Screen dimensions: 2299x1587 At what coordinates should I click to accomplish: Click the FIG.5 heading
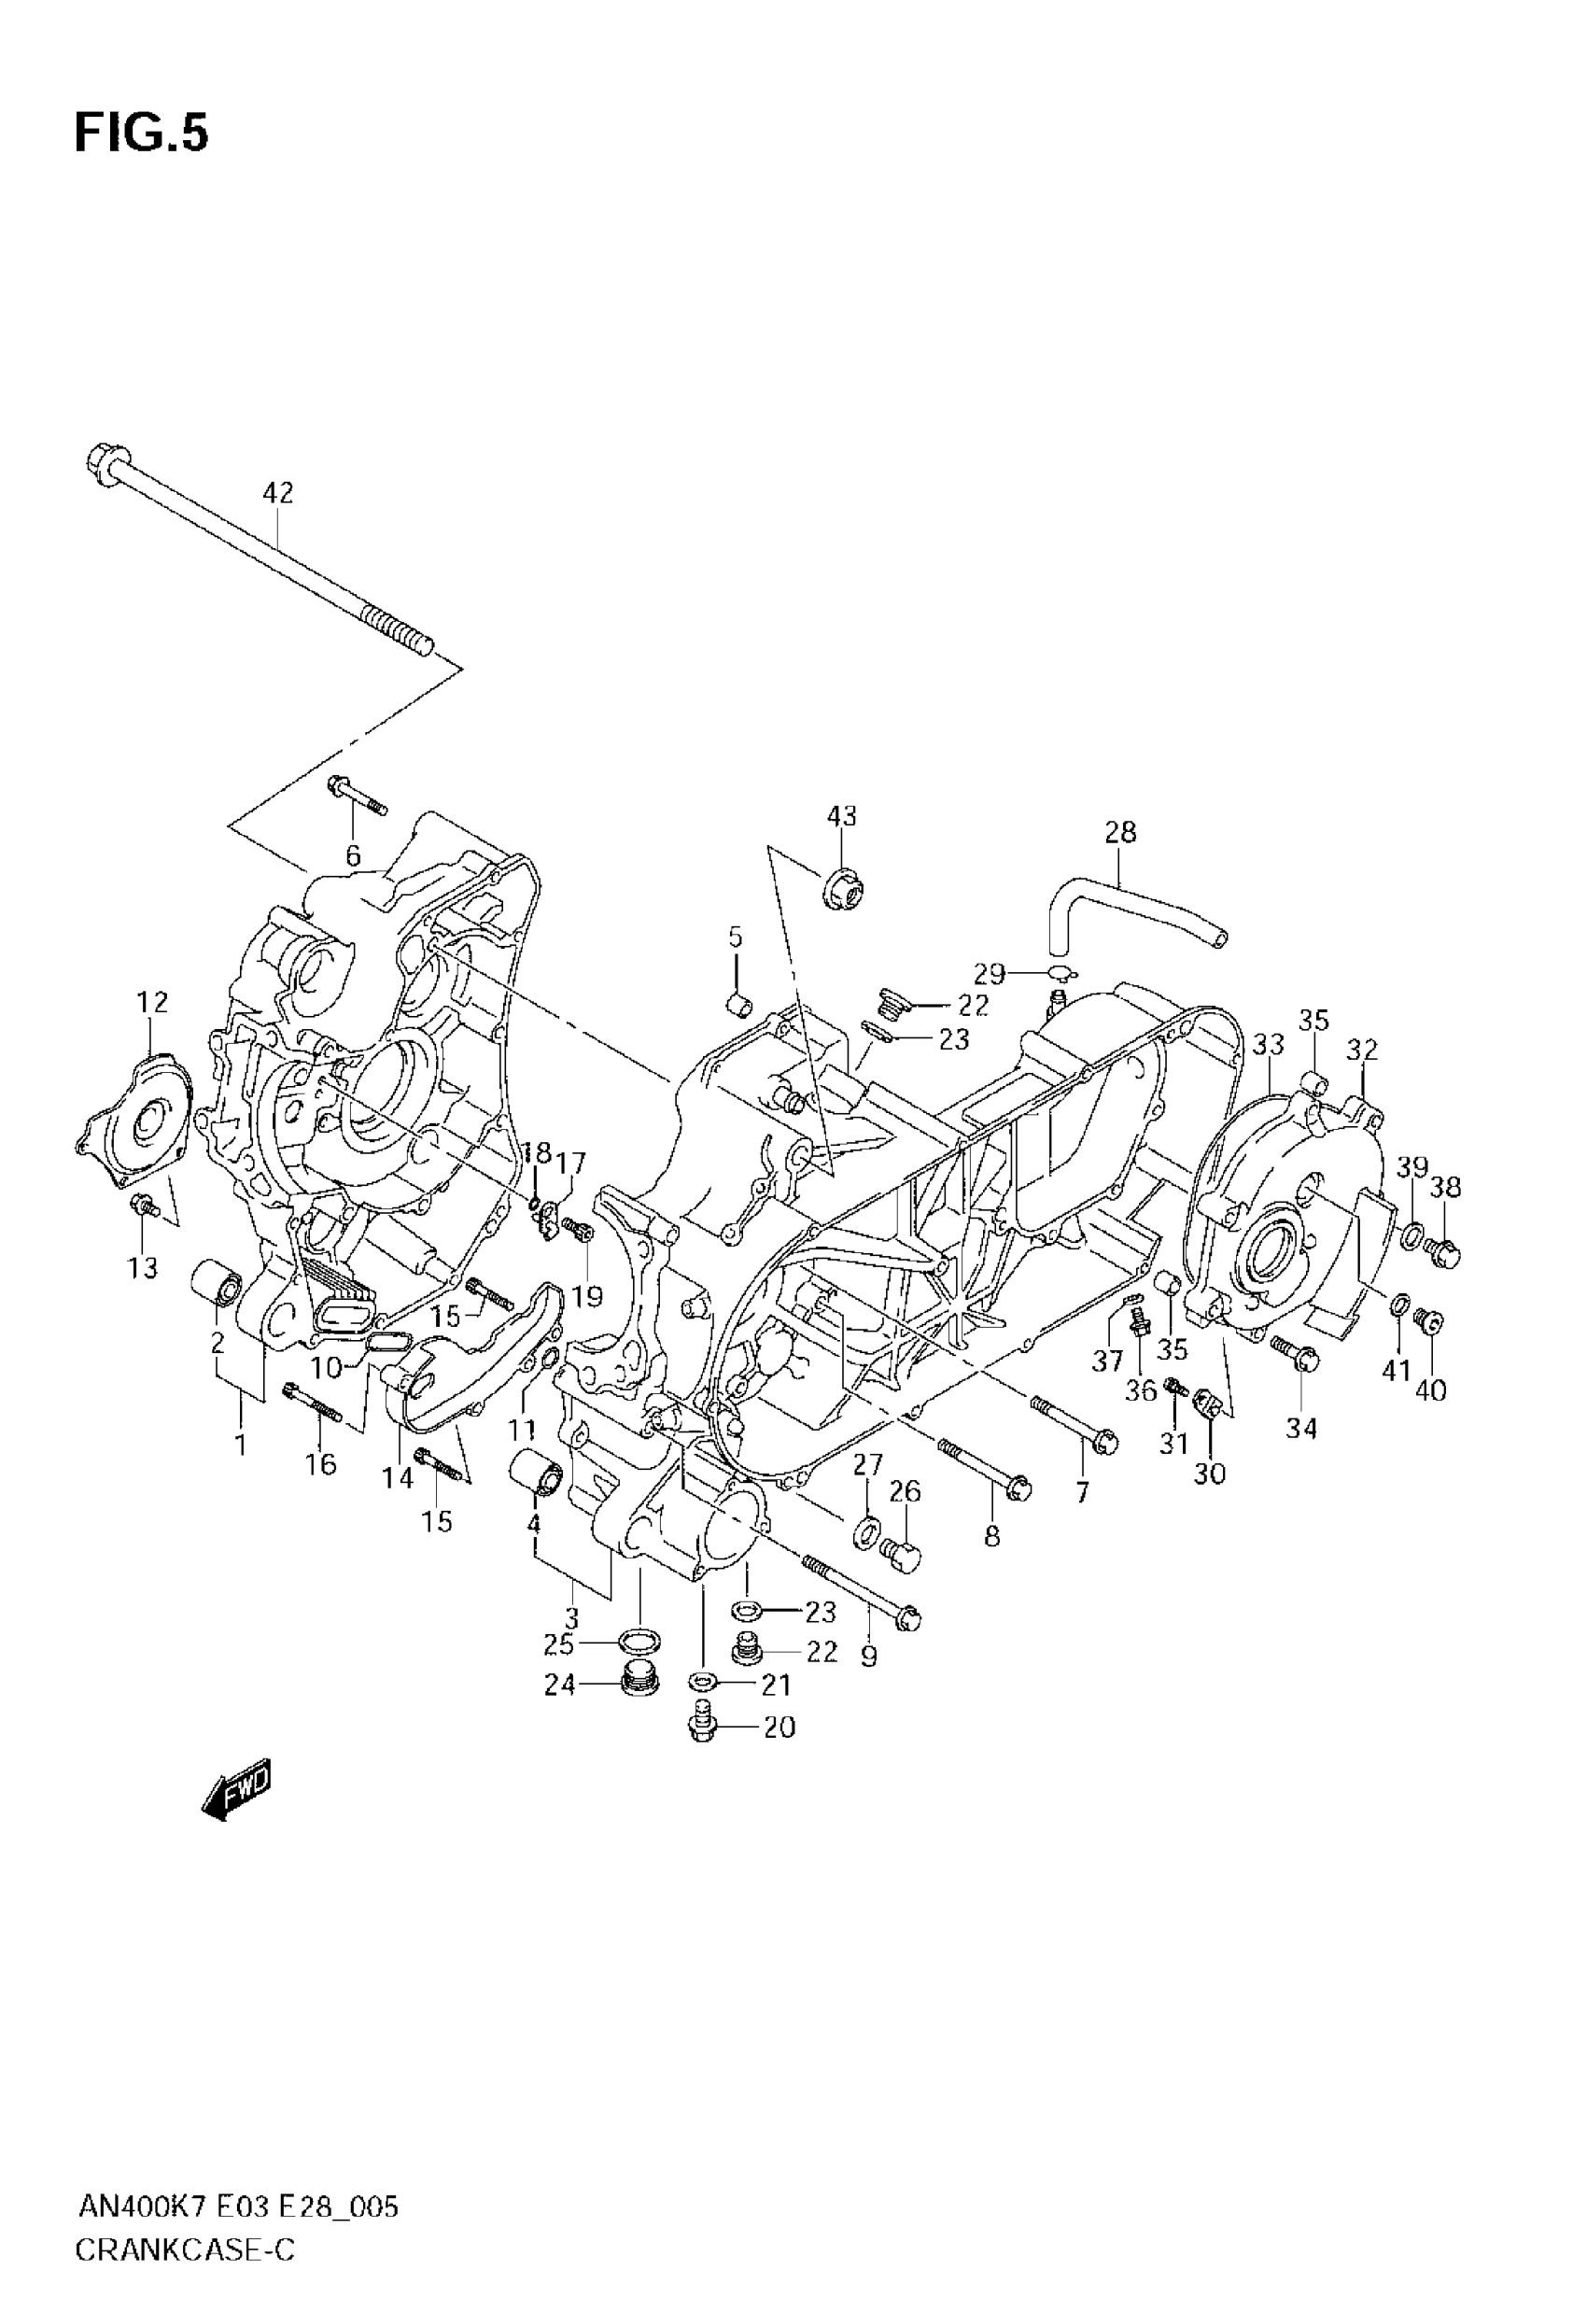pyautogui.click(x=141, y=134)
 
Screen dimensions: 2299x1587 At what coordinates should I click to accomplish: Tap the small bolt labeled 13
pyautogui.click(x=147, y=1207)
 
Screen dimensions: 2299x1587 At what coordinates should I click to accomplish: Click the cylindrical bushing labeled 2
pyautogui.click(x=215, y=1282)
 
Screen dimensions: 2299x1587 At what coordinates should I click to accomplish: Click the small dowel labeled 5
pyautogui.click(x=737, y=1005)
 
